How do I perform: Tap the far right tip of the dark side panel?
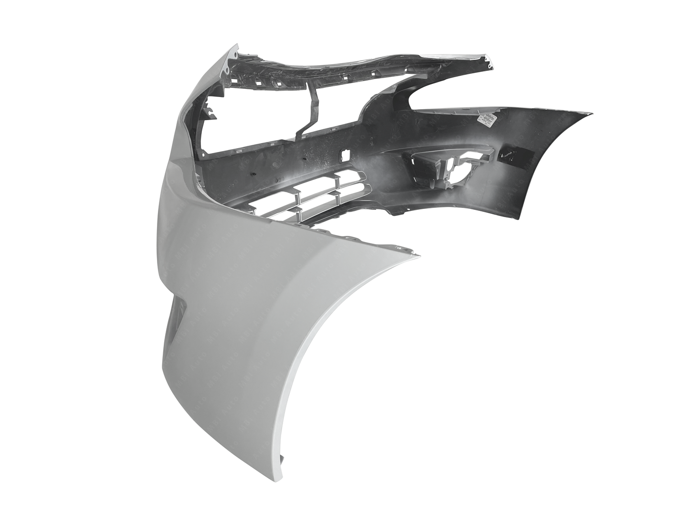point(592,114)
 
